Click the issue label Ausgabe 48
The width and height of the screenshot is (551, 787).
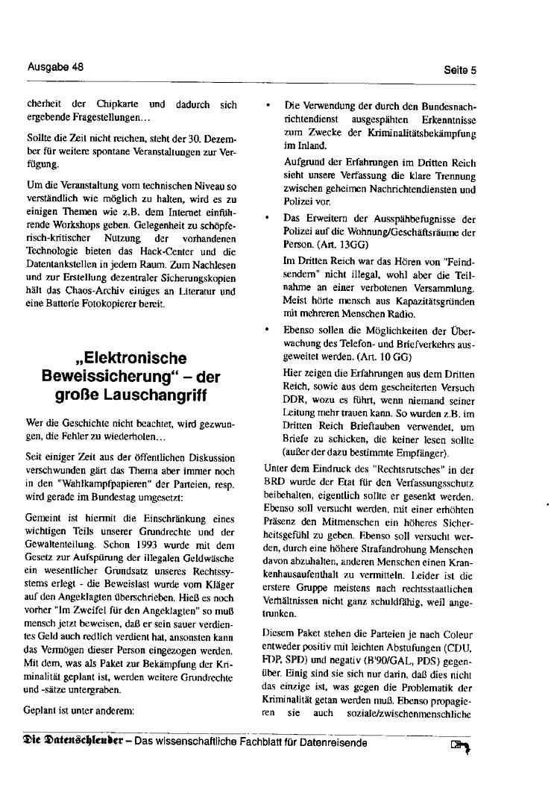(55, 66)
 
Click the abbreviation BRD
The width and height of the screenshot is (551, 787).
(274, 482)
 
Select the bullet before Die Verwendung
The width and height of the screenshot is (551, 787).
(268, 107)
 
